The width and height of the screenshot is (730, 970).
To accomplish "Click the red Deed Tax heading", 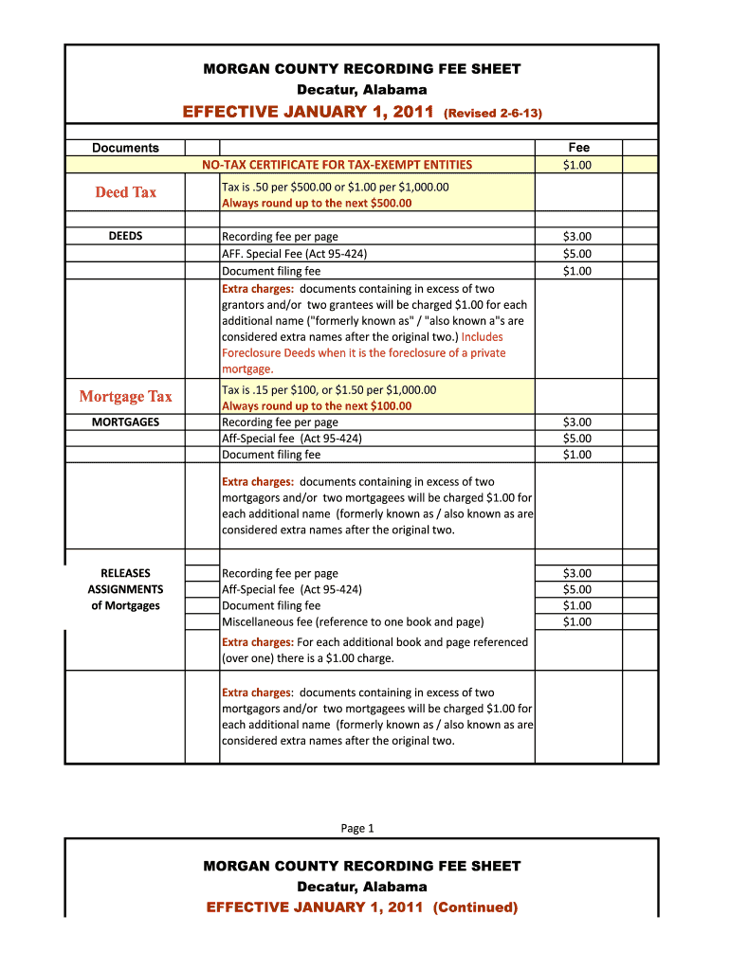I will (x=125, y=192).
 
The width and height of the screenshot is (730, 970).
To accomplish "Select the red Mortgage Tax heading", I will (x=125, y=396).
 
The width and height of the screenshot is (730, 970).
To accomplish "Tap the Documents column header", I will (x=125, y=147).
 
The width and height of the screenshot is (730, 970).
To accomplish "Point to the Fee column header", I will (x=578, y=147).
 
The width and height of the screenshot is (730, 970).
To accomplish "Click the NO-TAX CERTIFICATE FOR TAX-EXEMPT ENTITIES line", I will (x=338, y=165).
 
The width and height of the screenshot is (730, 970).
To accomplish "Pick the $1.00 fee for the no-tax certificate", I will (x=577, y=165).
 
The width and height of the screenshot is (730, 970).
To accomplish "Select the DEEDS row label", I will (x=125, y=236).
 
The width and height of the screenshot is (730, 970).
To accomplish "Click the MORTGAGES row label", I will (x=125, y=422).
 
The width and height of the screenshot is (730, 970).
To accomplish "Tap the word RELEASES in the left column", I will (x=125, y=573).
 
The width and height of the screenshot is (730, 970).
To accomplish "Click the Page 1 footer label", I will (x=357, y=828).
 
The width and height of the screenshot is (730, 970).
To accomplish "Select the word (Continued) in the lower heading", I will (x=475, y=907).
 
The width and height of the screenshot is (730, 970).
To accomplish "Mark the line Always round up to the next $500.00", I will (x=317, y=203).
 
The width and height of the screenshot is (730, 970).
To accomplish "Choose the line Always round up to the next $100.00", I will (x=317, y=406).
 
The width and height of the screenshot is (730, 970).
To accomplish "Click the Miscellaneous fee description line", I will (x=353, y=621).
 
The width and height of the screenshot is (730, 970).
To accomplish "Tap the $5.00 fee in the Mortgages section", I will (x=577, y=438).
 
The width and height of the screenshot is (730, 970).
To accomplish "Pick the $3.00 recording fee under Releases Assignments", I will (x=577, y=573).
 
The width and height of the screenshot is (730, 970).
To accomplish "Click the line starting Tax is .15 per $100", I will (x=329, y=389).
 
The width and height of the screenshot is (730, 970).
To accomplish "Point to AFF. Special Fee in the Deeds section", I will (x=294, y=254).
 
